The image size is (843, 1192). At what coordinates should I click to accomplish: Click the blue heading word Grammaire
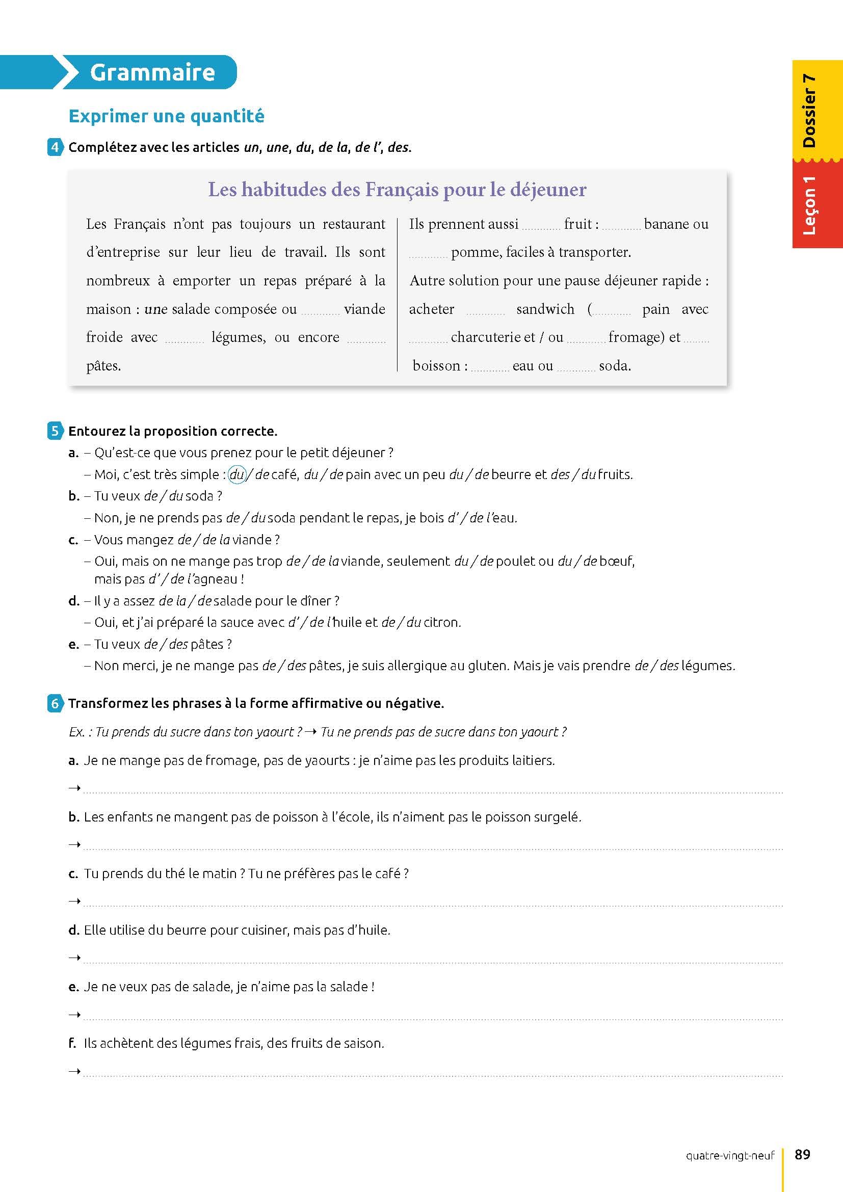pyautogui.click(x=152, y=72)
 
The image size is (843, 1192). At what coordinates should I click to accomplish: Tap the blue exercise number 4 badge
pyautogui.click(x=55, y=147)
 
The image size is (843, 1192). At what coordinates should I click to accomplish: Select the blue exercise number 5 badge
pyautogui.click(x=55, y=431)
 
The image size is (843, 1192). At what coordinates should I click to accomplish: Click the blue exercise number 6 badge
pyautogui.click(x=55, y=703)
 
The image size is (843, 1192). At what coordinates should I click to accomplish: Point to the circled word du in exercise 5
pyautogui.click(x=236, y=474)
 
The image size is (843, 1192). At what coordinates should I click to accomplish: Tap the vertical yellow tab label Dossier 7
pyautogui.click(x=809, y=111)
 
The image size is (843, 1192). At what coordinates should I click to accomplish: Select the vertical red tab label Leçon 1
pyautogui.click(x=809, y=205)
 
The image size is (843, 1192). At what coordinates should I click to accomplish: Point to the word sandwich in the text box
pyautogui.click(x=545, y=309)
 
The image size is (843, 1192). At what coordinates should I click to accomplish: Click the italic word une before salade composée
pyautogui.click(x=156, y=309)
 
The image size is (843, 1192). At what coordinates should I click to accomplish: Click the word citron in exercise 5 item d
pyautogui.click(x=442, y=622)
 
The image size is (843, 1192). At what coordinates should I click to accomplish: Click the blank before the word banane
pyautogui.click(x=621, y=225)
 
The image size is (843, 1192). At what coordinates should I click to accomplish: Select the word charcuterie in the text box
pyautogui.click(x=493, y=337)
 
